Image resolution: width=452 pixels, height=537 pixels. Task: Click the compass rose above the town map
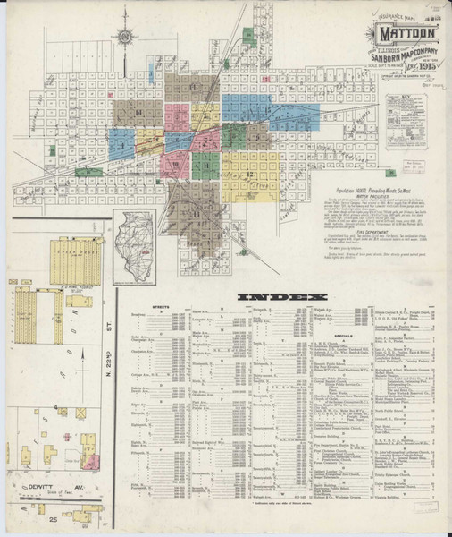point(126,37)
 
